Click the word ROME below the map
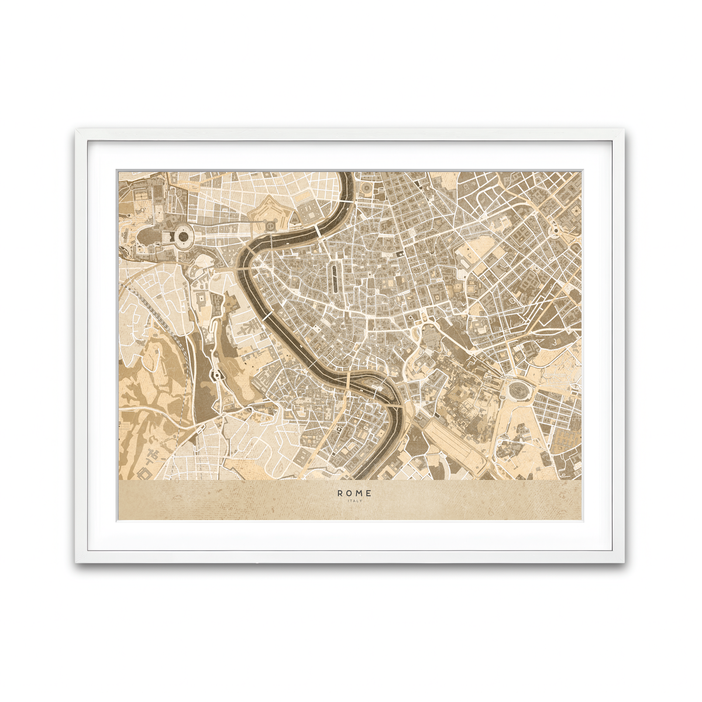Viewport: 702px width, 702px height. [x=354, y=493]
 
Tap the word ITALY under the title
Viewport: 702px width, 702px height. [x=355, y=501]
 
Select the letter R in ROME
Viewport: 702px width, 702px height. [x=340, y=493]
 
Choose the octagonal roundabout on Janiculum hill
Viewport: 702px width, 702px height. [x=215, y=374]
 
